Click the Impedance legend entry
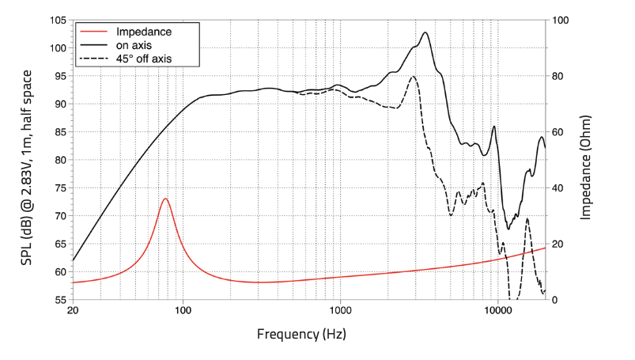tap(143, 32)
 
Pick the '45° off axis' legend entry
tap(143, 59)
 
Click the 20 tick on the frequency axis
tap(73, 311)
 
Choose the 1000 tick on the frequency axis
tap(340, 311)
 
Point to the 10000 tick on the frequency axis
tap(497, 311)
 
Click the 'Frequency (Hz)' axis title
tap(301, 334)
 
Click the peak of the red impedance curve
tap(165, 199)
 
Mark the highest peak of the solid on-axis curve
tap(425, 32)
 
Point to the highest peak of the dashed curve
tap(413, 77)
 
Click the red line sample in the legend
tap(93, 32)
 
